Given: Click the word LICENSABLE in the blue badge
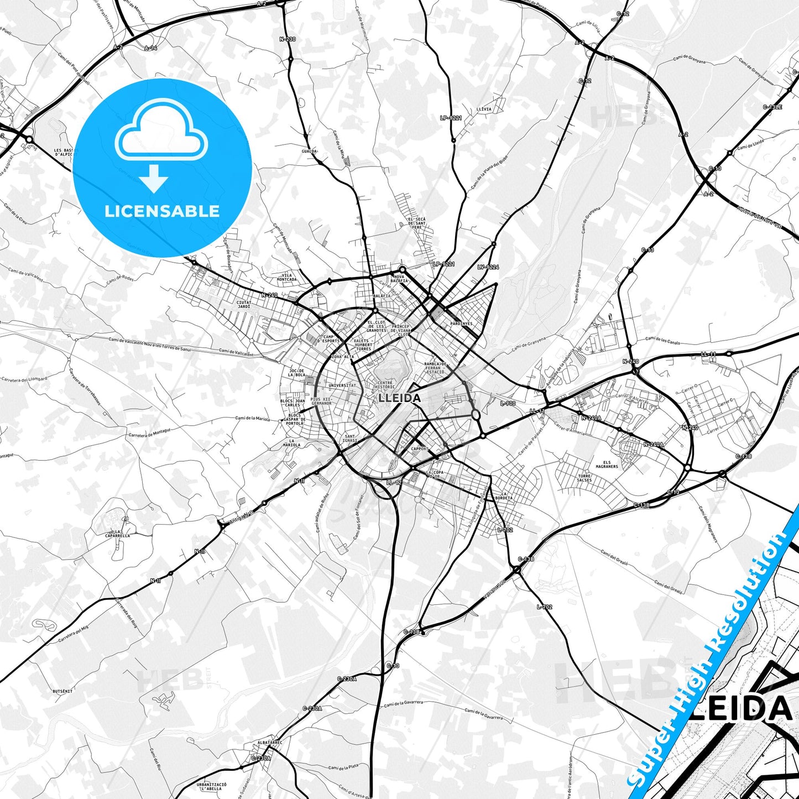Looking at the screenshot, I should (162, 211).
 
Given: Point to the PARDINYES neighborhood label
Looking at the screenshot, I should (462, 323).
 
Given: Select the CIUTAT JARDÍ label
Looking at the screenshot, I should (244, 304).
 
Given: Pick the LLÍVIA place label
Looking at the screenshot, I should (483, 109).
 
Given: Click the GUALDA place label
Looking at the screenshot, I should (309, 151).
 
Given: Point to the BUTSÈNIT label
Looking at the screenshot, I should (62, 691).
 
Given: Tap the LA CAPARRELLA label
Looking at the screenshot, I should (118, 534).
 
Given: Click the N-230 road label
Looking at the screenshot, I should (288, 39).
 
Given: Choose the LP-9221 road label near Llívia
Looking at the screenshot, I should (451, 118).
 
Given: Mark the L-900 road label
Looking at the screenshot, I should (508, 404).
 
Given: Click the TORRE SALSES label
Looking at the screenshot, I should (584, 478).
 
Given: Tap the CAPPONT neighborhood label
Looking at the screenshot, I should (420, 448).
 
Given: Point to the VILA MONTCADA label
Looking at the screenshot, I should (286, 277).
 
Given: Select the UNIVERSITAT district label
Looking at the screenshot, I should (342, 385).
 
